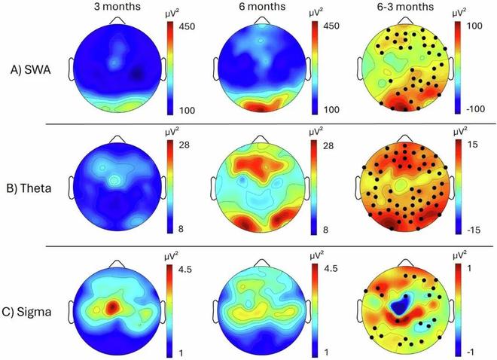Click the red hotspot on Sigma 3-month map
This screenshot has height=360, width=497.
pos(111,307)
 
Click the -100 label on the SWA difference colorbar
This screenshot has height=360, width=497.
pos(480,111)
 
